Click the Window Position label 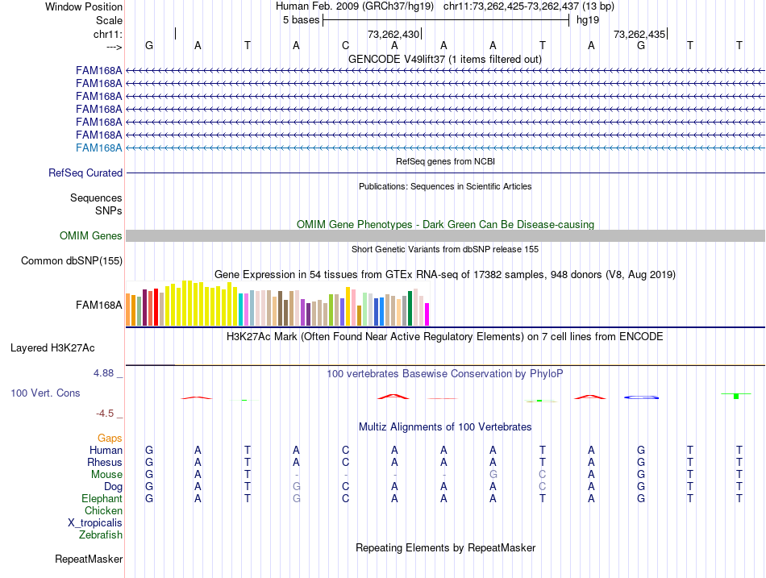(x=84, y=6)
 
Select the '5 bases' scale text (x=301, y=19)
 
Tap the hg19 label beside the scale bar (x=582, y=19)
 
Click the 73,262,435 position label (x=639, y=35)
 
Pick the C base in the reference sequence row (x=345, y=46)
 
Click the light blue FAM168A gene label (x=99, y=148)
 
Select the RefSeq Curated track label (x=85, y=173)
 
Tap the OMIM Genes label (x=91, y=236)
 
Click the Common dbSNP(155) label (x=72, y=260)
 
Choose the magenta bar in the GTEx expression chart (x=427, y=314)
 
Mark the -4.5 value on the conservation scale (x=106, y=414)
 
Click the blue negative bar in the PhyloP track (x=642, y=397)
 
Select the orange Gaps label (x=110, y=438)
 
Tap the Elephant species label (x=102, y=499)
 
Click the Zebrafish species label (x=101, y=534)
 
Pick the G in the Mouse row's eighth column (x=493, y=475)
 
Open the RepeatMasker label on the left (x=89, y=559)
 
